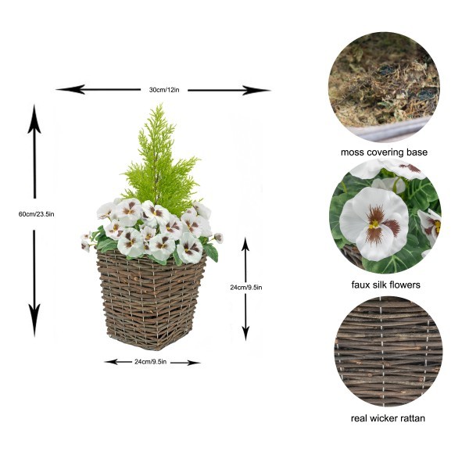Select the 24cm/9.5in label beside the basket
click(x=246, y=287)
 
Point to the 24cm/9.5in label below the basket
click(x=152, y=362)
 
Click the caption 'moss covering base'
click(x=384, y=152)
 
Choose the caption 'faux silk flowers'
click(x=384, y=285)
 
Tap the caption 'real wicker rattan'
click(x=384, y=418)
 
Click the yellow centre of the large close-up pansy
click(x=375, y=223)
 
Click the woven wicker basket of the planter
click(x=152, y=301)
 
